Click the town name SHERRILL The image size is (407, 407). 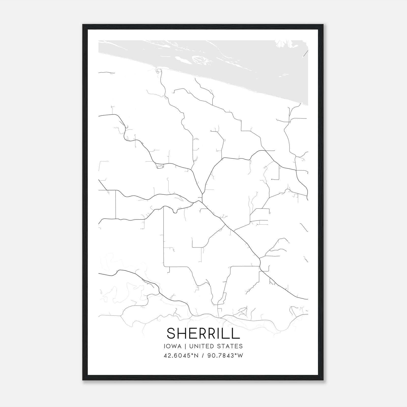[203, 333]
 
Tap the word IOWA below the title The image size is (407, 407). [173, 346]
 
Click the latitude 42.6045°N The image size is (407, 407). [181, 355]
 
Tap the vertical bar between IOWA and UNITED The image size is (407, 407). [185, 346]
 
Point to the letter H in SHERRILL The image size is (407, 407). [183, 333]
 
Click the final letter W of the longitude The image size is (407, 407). [241, 355]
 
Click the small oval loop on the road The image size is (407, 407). [160, 167]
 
